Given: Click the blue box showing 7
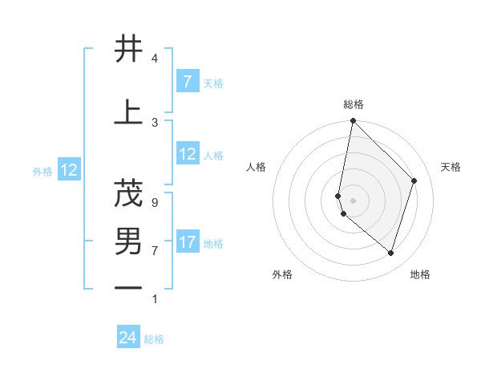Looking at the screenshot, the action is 187,81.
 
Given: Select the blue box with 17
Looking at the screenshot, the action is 188,242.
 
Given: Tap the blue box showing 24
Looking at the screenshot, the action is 128,338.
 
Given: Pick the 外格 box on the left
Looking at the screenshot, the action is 69,170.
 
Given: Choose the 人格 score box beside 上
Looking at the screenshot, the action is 188,154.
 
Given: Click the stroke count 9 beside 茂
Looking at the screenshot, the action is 154,202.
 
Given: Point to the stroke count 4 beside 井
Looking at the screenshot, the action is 154,59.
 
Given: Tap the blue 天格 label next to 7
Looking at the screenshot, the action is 213,83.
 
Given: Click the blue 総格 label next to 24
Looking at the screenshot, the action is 154,339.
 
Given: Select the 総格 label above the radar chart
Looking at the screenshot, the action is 353,105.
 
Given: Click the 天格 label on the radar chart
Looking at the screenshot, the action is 451,167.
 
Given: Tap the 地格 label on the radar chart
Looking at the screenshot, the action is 420,274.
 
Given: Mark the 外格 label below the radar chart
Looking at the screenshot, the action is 282,274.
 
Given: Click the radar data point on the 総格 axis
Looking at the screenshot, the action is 353,120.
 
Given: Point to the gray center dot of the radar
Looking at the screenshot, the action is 353,200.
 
